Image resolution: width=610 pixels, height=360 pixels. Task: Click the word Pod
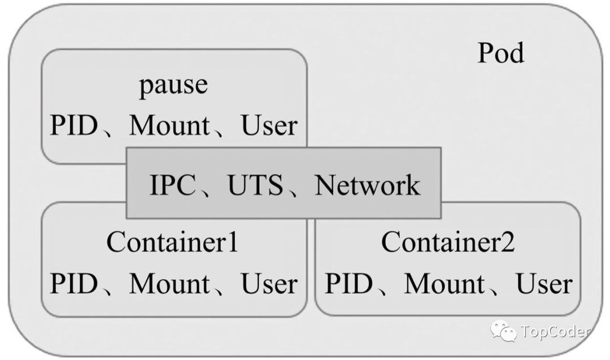500,54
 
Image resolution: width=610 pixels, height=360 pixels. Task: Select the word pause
173,86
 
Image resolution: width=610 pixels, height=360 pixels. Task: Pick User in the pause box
269,125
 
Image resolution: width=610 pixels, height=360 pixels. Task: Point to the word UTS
255,186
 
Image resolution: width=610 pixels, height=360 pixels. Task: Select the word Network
367,186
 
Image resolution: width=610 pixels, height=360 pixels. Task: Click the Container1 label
172,244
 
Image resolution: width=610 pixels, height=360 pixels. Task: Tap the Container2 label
448,244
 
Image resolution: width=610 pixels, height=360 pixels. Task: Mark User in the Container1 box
269,283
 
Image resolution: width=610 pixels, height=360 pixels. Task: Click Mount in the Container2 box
444,283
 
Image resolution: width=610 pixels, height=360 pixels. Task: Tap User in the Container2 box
544,283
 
